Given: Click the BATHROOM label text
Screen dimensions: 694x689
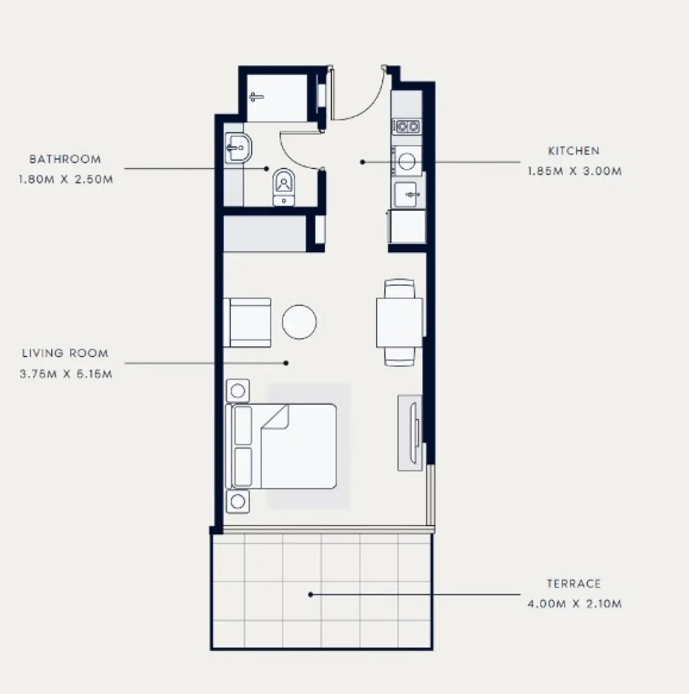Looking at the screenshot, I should pyautogui.click(x=65, y=160).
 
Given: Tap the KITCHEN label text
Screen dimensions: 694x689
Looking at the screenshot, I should pyautogui.click(x=574, y=151).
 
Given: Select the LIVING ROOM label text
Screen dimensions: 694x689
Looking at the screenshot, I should pyautogui.click(x=65, y=354).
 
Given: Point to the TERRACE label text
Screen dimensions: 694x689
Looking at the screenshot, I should pyautogui.click(x=574, y=584).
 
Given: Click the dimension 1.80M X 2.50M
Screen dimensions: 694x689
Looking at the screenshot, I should pyautogui.click(x=66, y=179).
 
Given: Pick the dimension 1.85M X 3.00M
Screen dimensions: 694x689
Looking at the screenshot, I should pyautogui.click(x=575, y=171).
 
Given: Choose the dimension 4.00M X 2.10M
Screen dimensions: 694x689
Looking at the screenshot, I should pyautogui.click(x=575, y=604).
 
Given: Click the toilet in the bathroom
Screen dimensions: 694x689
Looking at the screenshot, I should pyautogui.click(x=284, y=187).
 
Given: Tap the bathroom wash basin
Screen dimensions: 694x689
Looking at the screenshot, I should pyautogui.click(x=238, y=149).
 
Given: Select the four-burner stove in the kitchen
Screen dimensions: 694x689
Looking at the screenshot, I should pyautogui.click(x=407, y=126).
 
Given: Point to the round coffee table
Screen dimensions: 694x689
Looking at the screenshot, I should pyautogui.click(x=299, y=322).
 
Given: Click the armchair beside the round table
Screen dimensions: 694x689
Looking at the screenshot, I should pyautogui.click(x=249, y=322).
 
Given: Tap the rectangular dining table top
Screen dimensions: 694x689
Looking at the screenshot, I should pyautogui.click(x=399, y=322).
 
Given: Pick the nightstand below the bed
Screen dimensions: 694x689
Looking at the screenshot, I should pyautogui.click(x=238, y=502).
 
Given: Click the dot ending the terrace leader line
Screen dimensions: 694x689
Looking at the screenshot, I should pyautogui.click(x=310, y=594).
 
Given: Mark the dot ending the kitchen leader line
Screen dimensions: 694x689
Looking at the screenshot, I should pyautogui.click(x=363, y=162).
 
